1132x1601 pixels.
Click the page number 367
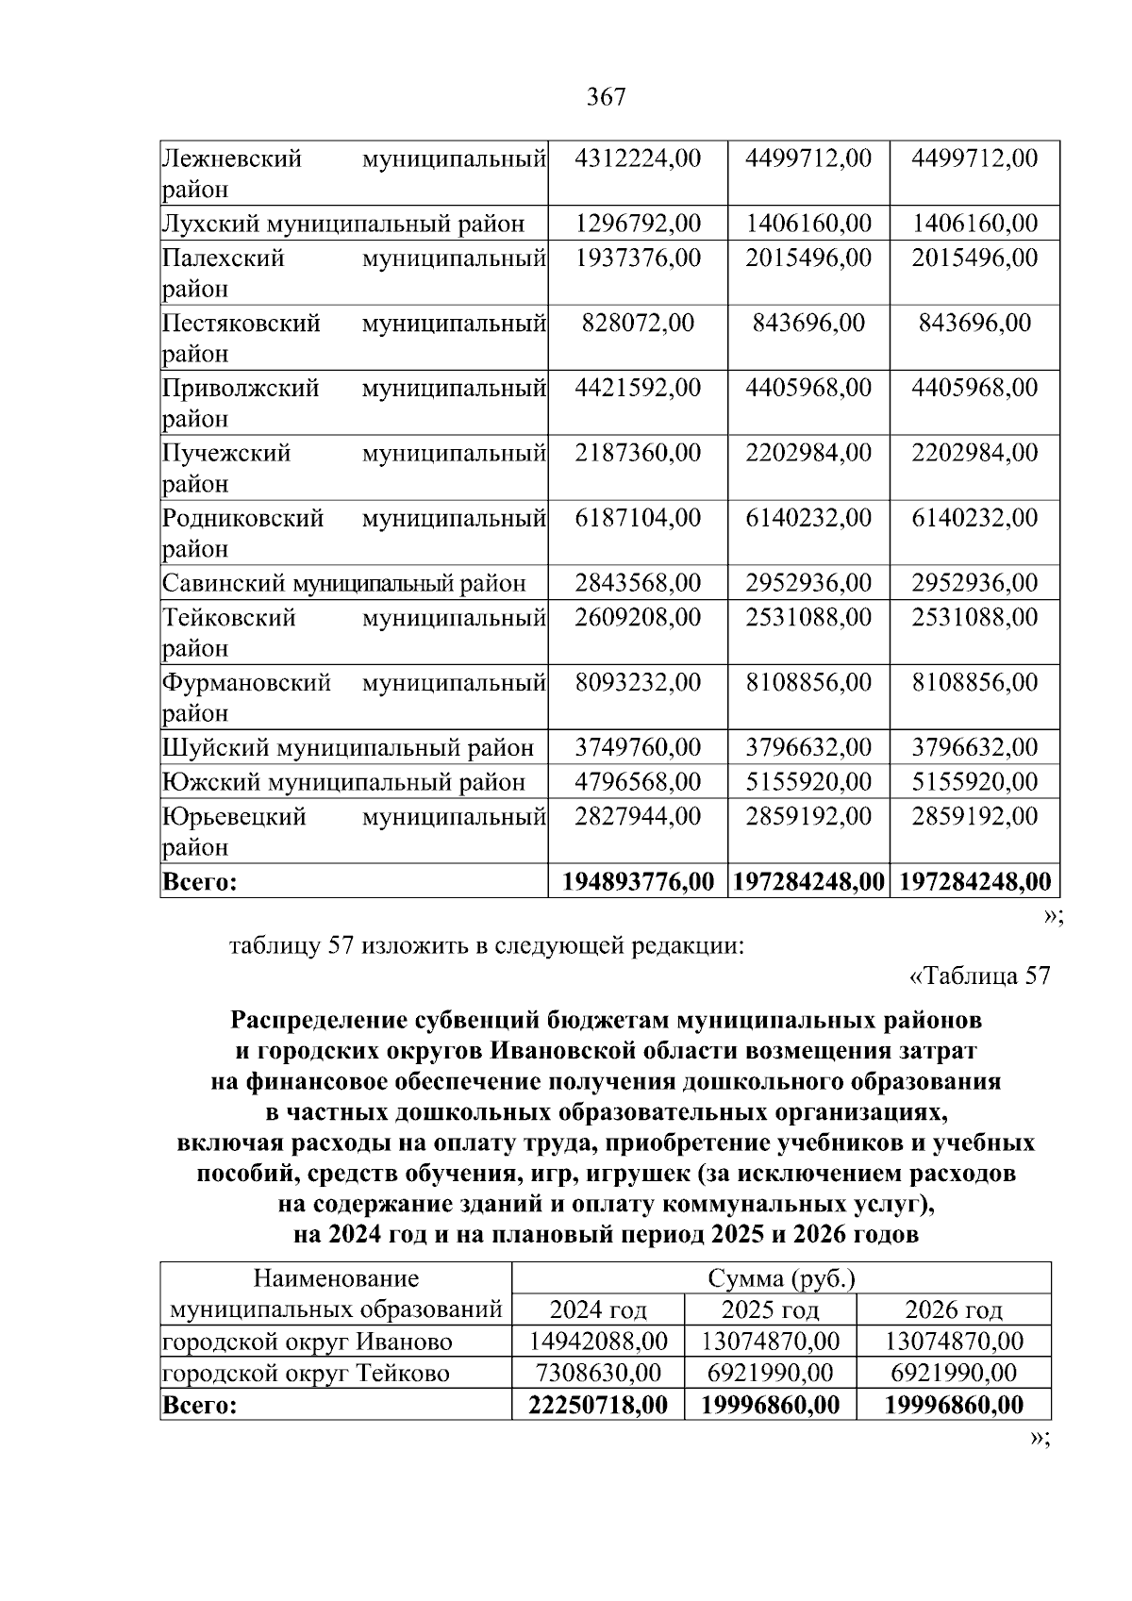[606, 97]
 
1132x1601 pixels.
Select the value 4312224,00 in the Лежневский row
[638, 158]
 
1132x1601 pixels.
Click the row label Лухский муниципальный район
[343, 224]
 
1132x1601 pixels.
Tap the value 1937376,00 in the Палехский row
[638, 258]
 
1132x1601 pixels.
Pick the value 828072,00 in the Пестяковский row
[638, 323]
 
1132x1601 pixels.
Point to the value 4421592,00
[638, 388]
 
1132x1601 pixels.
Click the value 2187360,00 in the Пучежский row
[638, 453]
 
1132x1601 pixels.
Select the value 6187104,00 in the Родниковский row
[638, 518]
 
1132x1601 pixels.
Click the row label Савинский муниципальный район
[343, 583]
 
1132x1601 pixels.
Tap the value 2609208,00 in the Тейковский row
[638, 617]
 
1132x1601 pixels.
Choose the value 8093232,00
[638, 682]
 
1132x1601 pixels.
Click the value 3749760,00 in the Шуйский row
[638, 748]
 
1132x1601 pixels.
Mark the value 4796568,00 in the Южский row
[638, 782]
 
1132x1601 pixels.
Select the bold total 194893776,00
[638, 882]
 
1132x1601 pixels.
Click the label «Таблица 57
[978, 976]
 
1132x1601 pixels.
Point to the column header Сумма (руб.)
[781, 1279]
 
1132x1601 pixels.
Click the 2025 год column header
[770, 1309]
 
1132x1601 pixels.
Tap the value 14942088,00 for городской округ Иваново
[598, 1341]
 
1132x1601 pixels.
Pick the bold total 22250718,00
[598, 1405]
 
